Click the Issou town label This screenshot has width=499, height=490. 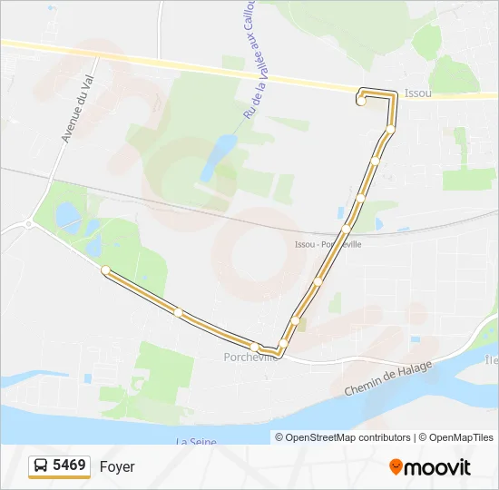(417, 93)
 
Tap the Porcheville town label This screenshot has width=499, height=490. (249, 357)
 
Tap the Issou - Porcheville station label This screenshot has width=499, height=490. (328, 244)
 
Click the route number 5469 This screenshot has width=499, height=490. (70, 465)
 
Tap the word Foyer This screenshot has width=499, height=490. (117, 466)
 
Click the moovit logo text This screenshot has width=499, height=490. (437, 467)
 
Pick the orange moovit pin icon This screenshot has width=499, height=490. (396, 467)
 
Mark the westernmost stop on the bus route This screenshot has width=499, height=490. (106, 269)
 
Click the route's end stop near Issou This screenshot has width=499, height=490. (361, 101)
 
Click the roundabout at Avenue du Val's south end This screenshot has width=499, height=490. (29, 223)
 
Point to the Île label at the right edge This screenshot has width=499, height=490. (491, 360)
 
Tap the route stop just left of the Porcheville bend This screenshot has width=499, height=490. (258, 348)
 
